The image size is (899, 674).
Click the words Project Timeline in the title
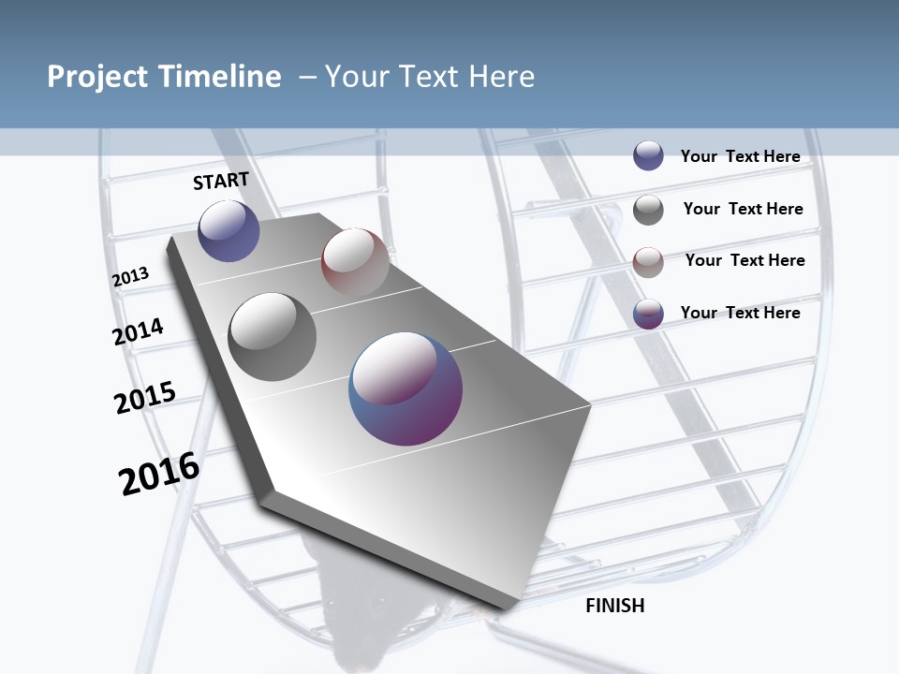(164, 77)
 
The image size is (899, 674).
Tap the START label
(221, 181)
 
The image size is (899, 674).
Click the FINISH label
(615, 606)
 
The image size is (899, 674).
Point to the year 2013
(131, 277)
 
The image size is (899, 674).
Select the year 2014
(139, 331)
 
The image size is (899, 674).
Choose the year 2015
(145, 397)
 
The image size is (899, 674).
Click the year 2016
(159, 474)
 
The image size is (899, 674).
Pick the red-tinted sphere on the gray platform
(355, 261)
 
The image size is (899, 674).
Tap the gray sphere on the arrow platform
(273, 337)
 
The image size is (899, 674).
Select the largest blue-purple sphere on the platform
(405, 388)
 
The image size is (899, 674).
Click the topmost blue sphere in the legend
(648, 156)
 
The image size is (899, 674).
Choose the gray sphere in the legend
(648, 210)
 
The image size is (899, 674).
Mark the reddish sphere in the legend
(648, 261)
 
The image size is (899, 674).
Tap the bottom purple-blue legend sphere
(648, 314)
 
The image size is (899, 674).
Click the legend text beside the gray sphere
(743, 209)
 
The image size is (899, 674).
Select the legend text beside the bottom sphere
(740, 313)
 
